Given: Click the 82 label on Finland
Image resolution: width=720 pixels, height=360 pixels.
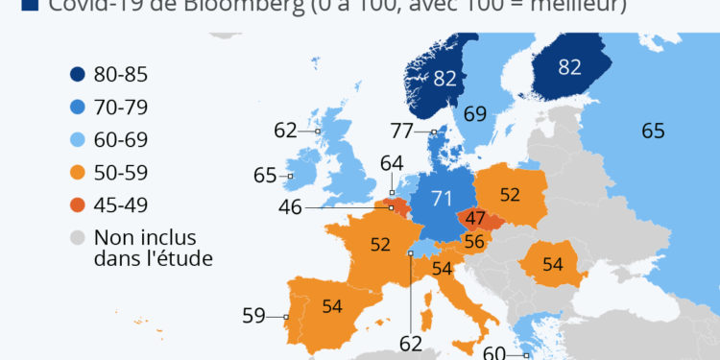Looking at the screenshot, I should click(x=570, y=68).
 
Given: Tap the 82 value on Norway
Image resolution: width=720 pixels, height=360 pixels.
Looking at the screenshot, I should click(x=444, y=79).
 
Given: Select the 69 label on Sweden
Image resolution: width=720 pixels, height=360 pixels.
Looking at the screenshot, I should click(x=475, y=113).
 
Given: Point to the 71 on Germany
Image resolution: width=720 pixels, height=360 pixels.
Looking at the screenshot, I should click(x=441, y=199).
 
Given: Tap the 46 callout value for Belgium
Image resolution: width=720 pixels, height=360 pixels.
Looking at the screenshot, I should click(x=291, y=206).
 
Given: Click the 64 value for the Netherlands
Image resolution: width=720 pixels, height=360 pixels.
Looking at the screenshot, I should click(x=392, y=164).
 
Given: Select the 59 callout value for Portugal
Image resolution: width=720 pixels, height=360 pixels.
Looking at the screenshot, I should click(x=253, y=315).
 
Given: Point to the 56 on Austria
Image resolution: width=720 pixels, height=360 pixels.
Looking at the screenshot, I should click(x=474, y=242).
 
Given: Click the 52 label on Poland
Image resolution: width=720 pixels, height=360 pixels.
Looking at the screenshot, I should click(x=509, y=195).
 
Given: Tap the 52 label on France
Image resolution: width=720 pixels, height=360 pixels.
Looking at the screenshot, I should click(x=380, y=245).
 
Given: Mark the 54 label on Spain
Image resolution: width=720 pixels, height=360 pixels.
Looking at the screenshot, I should click(x=332, y=306).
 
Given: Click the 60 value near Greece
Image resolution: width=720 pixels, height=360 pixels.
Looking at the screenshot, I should click(x=494, y=352).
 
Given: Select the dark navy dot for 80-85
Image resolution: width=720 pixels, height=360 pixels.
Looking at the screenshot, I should click(x=79, y=74).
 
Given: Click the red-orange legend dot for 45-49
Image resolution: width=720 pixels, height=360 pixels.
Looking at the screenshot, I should click(x=79, y=204).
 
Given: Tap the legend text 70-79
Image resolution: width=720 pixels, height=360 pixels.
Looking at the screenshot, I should click(x=122, y=107).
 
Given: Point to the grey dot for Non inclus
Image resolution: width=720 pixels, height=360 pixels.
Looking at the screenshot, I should click(x=79, y=237).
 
